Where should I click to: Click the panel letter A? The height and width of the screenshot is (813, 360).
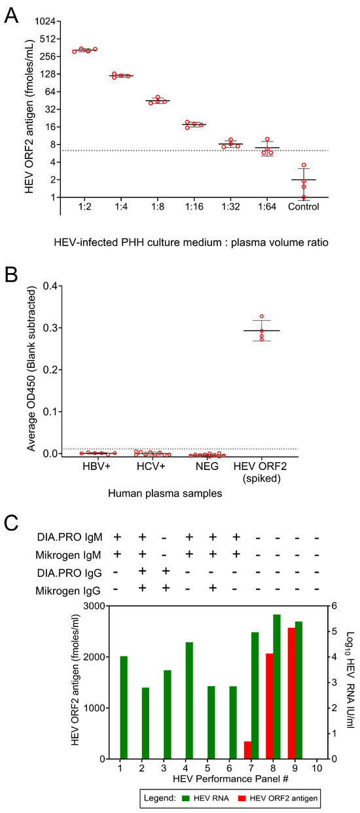11,14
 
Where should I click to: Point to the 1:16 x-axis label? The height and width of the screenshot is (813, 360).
194,208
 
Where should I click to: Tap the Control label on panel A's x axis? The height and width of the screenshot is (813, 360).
303,208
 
